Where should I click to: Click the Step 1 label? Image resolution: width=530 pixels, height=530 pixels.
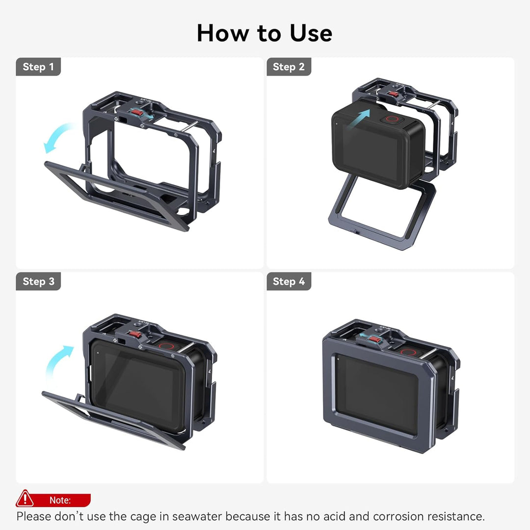[38, 67]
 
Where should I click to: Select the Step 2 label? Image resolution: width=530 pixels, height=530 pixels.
[289, 67]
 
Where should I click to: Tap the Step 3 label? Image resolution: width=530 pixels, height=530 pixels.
[38, 281]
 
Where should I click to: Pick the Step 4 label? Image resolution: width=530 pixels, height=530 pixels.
[289, 281]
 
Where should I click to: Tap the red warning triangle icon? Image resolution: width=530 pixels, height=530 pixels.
[25, 500]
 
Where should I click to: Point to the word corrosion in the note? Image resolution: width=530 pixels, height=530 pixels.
[398, 516]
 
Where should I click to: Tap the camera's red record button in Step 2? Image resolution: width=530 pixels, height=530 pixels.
[392, 119]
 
